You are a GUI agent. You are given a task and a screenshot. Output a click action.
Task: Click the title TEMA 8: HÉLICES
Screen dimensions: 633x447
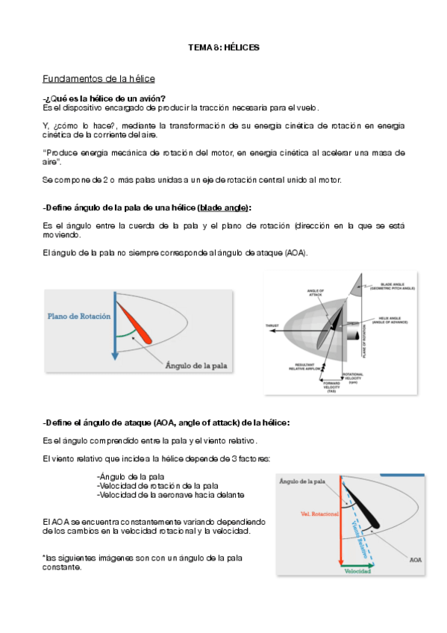coord(223,47)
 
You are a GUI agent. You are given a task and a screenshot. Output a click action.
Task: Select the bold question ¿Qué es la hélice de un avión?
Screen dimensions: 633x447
coord(105,99)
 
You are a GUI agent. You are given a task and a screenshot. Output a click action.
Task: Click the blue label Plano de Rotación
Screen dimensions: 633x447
coord(79,316)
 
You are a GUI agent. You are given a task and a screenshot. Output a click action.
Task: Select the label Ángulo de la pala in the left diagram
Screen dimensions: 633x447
coord(196,366)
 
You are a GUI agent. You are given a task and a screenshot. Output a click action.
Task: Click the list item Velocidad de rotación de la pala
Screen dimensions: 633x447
coord(157,485)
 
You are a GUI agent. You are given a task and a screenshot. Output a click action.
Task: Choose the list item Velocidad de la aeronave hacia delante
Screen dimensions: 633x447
coord(170,494)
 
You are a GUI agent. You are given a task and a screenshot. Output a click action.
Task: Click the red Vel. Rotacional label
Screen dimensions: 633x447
coord(319,514)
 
